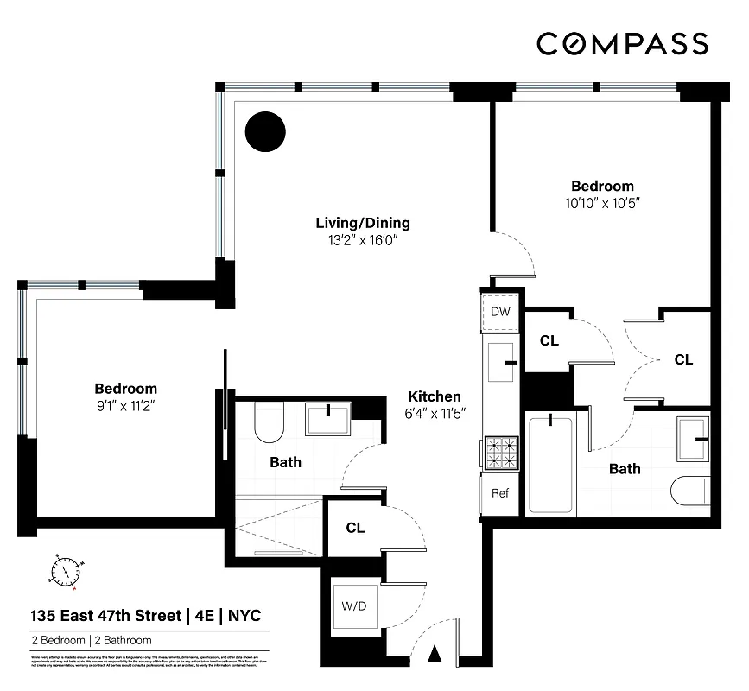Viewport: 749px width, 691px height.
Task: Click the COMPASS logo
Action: pyautogui.click(x=622, y=43)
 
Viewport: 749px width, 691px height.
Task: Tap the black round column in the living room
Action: pyautogui.click(x=264, y=132)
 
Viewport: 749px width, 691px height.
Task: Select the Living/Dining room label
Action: pyautogui.click(x=362, y=223)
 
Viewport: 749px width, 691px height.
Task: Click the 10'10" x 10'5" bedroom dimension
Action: pyautogui.click(x=602, y=203)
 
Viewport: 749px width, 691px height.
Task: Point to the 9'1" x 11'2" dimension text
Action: pyautogui.click(x=125, y=405)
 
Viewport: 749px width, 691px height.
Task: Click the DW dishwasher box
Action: pyautogui.click(x=499, y=311)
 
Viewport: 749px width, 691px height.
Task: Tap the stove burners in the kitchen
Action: pyautogui.click(x=499, y=452)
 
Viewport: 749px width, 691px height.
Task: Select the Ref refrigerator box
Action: pyautogui.click(x=499, y=494)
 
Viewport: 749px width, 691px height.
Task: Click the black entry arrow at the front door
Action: pyautogui.click(x=435, y=655)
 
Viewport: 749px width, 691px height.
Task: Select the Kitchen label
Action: pyautogui.click(x=435, y=396)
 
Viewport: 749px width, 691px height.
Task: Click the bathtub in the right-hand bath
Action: pyautogui.click(x=549, y=464)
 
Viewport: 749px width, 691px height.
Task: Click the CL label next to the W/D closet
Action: pyautogui.click(x=354, y=527)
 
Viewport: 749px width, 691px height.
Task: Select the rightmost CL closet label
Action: pyautogui.click(x=683, y=359)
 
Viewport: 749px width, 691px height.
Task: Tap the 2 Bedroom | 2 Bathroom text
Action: pyautogui.click(x=92, y=641)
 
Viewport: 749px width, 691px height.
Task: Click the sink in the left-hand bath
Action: pyautogui.click(x=328, y=418)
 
